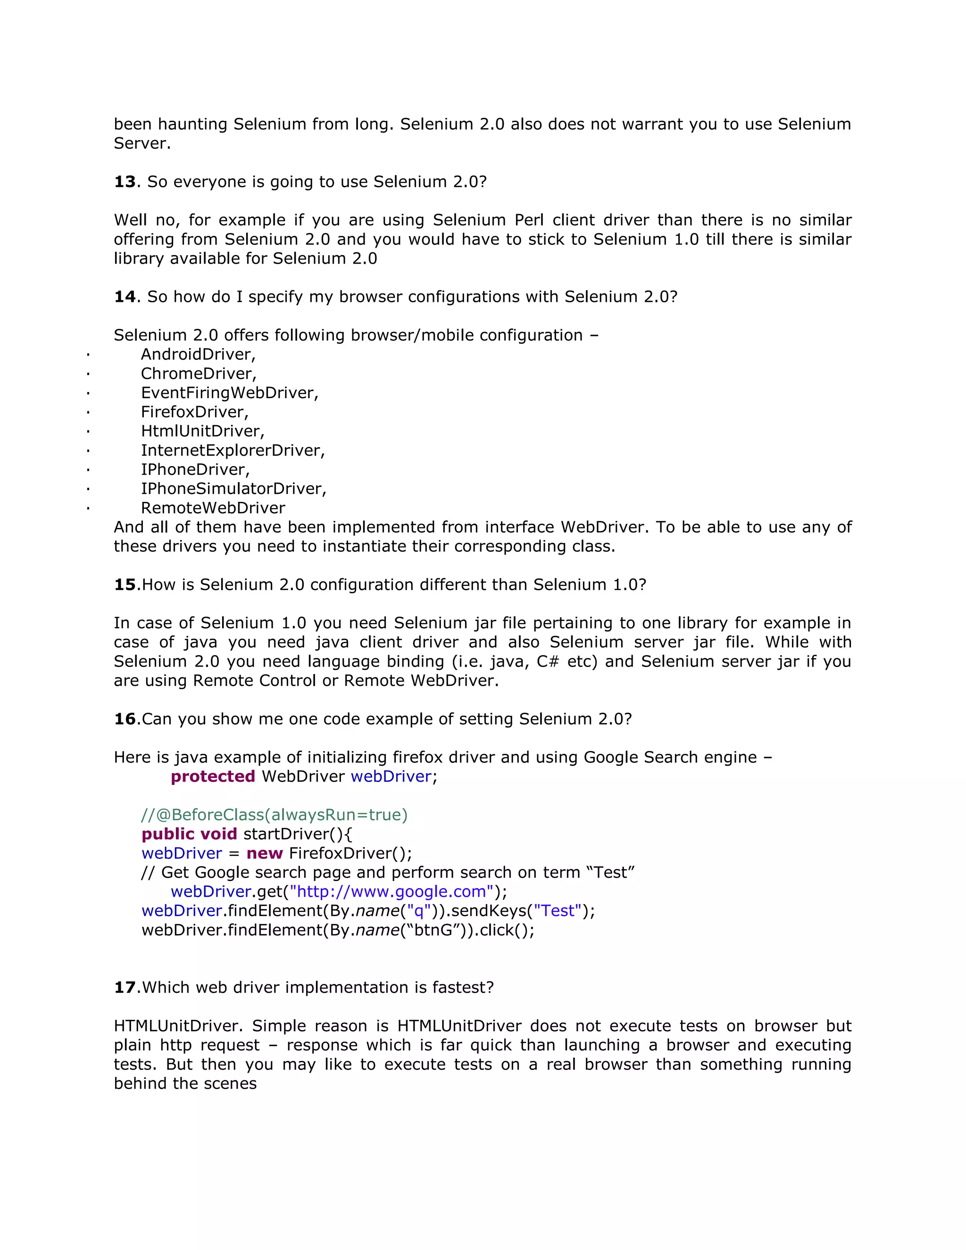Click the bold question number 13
tap(125, 182)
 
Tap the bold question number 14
tap(125, 297)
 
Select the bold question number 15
tap(125, 585)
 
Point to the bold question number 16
tap(125, 719)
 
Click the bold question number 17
tap(125, 988)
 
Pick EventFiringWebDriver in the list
tap(229, 393)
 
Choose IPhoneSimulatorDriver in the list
tap(233, 489)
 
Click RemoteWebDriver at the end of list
tap(213, 508)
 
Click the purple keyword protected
tap(213, 777)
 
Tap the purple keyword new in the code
tap(265, 853)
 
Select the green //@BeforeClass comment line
tap(274, 815)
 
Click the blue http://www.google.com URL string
tap(391, 892)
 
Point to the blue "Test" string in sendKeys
tap(558, 911)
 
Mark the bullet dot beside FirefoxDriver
tap(88, 413)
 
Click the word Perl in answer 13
tap(529, 220)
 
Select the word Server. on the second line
tap(142, 144)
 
